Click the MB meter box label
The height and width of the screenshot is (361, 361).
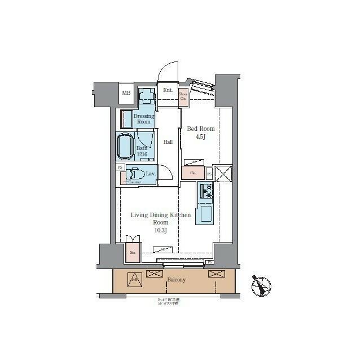pyautogui.click(x=126, y=93)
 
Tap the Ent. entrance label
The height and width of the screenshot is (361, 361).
pyautogui.click(x=168, y=90)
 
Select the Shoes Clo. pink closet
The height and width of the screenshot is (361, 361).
pyautogui.click(x=183, y=97)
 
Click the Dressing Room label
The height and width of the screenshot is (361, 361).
pyautogui.click(x=144, y=118)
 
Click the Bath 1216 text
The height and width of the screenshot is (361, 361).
pyautogui.click(x=142, y=151)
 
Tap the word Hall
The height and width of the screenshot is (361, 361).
pyautogui.click(x=168, y=142)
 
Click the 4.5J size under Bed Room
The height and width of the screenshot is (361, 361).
pyautogui.click(x=201, y=137)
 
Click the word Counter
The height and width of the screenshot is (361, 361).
pyautogui.click(x=134, y=182)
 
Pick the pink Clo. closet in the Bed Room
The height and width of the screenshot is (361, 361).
pyautogui.click(x=193, y=173)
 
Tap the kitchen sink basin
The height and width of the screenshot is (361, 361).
pyautogui.click(x=205, y=214)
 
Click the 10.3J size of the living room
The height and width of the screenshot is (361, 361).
pyautogui.click(x=161, y=230)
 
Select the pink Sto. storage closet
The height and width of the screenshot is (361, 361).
pyautogui.click(x=133, y=252)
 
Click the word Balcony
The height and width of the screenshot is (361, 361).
pyautogui.click(x=177, y=280)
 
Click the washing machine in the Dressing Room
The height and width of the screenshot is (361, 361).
pyautogui.click(x=147, y=96)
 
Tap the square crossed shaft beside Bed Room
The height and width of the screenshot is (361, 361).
pyautogui.click(x=223, y=174)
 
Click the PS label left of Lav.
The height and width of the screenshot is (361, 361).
pyautogui.click(x=120, y=167)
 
